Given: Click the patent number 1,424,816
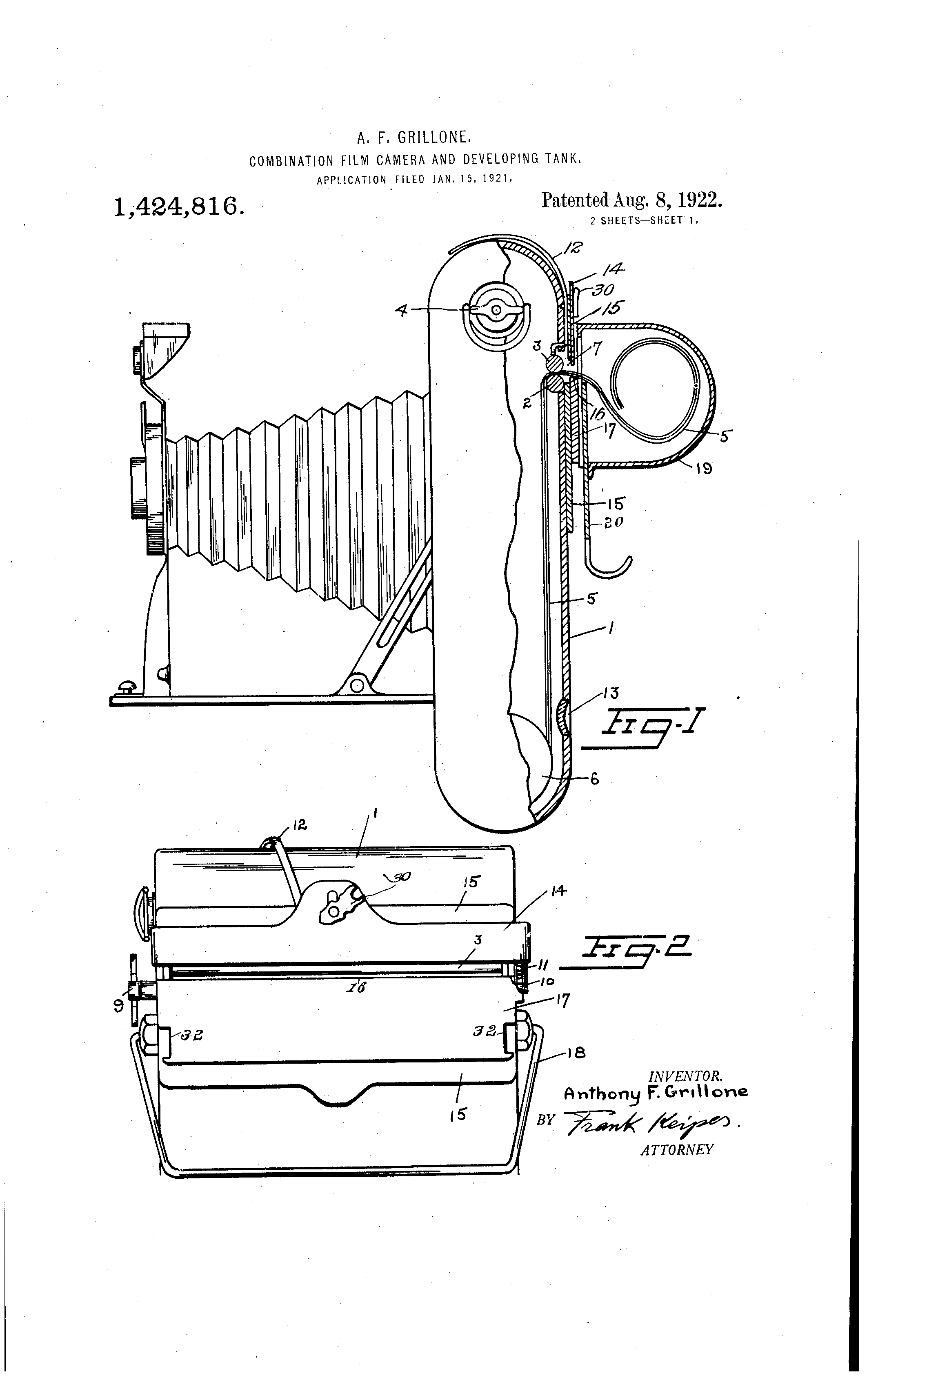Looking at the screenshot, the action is coord(178,207).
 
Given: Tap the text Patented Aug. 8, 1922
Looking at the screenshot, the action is coord(631,200).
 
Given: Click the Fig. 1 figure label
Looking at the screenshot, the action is coord(652,728).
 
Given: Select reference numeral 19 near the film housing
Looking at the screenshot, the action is coord(703,469).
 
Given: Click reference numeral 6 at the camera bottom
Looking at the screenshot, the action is coord(594,779).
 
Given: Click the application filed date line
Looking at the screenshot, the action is coord(414,178).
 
